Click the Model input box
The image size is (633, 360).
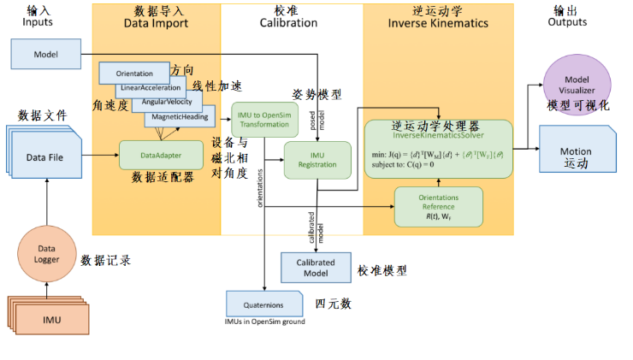click(45, 54)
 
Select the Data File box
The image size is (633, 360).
click(49, 156)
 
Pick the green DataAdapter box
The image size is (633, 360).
click(161, 156)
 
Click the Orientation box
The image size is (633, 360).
click(133, 74)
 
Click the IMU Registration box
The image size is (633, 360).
click(317, 159)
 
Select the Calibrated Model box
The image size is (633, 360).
click(318, 267)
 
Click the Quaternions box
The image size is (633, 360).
click(264, 303)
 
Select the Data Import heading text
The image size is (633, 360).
click(156, 23)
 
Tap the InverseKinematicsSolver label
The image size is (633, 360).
click(438, 136)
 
